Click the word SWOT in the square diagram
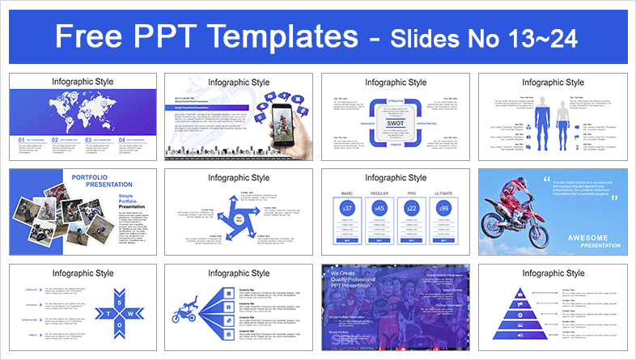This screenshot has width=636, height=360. tap(396, 124)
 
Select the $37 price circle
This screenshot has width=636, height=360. tap(346, 209)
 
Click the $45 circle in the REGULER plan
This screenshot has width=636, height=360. tap(378, 209)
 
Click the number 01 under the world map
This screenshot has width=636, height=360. tap(21, 140)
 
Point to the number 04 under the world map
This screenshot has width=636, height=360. tap(121, 140)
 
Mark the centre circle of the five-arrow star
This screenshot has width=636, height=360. tap(239, 219)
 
